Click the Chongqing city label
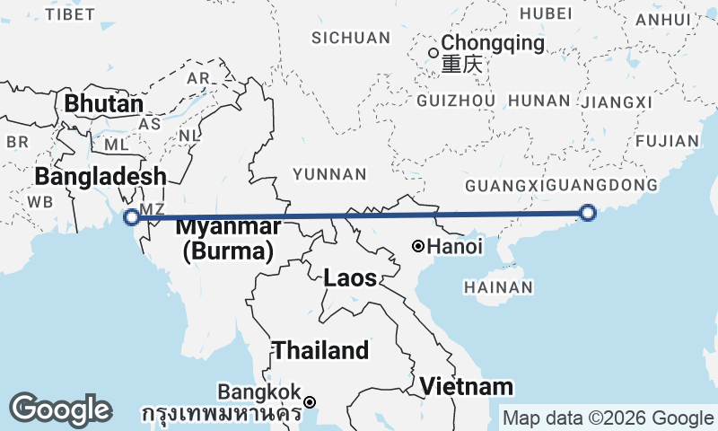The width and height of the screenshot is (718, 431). (x=493, y=43)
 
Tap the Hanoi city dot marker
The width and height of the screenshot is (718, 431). (x=418, y=246)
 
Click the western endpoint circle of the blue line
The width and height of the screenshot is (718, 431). (x=132, y=216)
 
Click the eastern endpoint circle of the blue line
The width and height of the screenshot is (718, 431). (x=588, y=213)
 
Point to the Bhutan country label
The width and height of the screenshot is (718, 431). (x=103, y=104)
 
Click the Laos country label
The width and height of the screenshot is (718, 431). (x=351, y=278)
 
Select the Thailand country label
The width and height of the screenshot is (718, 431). (x=320, y=350)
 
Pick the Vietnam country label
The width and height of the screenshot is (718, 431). (x=468, y=387)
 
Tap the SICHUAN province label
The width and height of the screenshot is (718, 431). (x=351, y=38)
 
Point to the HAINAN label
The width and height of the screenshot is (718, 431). (x=499, y=287)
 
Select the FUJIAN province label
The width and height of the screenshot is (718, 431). (x=666, y=141)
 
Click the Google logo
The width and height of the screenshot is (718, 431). (x=60, y=409)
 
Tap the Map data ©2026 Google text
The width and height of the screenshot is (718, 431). (x=608, y=418)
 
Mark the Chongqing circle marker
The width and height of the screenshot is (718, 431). (x=433, y=52)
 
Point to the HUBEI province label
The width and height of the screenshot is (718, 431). (x=545, y=13)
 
